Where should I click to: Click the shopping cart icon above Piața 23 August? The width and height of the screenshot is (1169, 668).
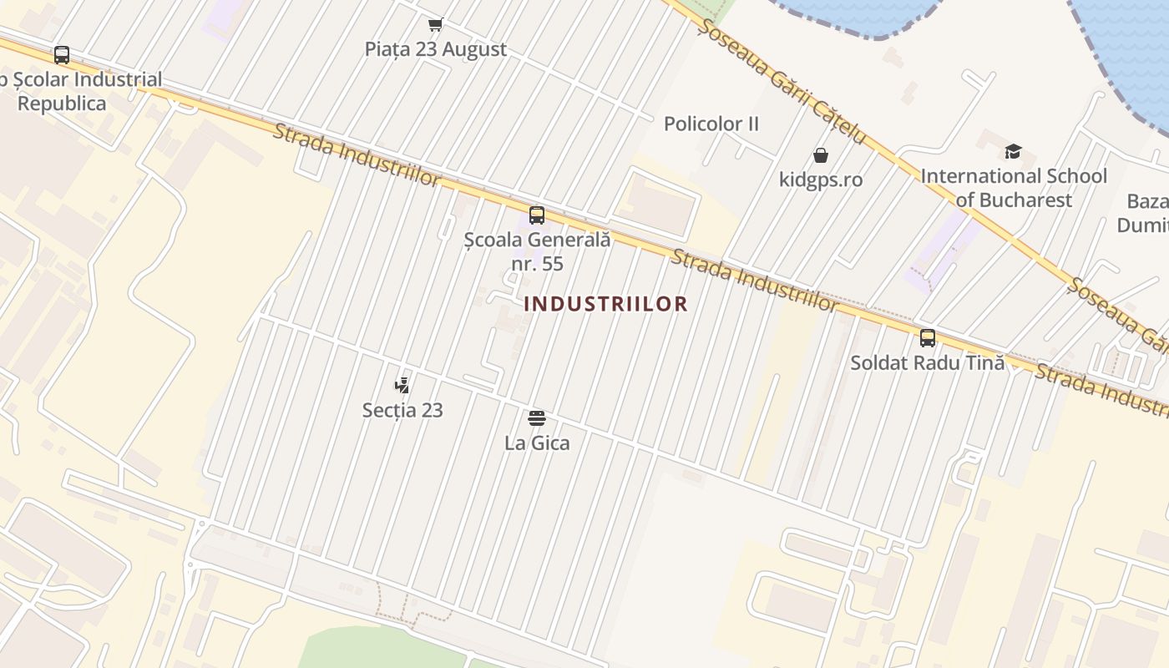pyautogui.click(x=435, y=24)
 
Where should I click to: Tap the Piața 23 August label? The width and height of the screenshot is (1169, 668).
pyautogui.click(x=435, y=49)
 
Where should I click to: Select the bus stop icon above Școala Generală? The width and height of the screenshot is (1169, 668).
pyautogui.click(x=537, y=215)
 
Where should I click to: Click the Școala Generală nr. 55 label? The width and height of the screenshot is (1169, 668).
pyautogui.click(x=537, y=251)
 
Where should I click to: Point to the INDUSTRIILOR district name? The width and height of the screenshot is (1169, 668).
pyautogui.click(x=605, y=304)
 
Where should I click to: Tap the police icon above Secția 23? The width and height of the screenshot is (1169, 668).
pyautogui.click(x=402, y=385)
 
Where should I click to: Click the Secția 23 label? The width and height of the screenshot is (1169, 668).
pyautogui.click(x=402, y=410)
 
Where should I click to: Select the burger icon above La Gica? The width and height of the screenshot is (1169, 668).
pyautogui.click(x=537, y=417)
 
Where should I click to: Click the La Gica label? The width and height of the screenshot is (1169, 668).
pyautogui.click(x=537, y=443)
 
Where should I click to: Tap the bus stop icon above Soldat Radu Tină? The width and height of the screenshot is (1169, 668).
pyautogui.click(x=927, y=338)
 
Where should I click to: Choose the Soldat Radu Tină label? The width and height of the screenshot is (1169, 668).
pyautogui.click(x=927, y=363)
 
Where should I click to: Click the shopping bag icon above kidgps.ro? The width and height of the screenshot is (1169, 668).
pyautogui.click(x=821, y=155)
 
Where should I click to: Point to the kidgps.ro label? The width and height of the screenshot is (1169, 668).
pyautogui.click(x=821, y=180)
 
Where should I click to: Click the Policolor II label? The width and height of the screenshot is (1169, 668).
pyautogui.click(x=711, y=124)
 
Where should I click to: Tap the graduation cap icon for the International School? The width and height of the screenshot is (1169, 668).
pyautogui.click(x=1013, y=151)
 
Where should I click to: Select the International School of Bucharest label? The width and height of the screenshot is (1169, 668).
pyautogui.click(x=1014, y=188)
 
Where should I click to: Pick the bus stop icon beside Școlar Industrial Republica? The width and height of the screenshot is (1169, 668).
pyautogui.click(x=62, y=55)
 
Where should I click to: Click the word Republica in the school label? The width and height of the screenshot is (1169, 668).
pyautogui.click(x=62, y=104)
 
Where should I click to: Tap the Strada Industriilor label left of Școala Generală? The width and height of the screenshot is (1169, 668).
pyautogui.click(x=356, y=154)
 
